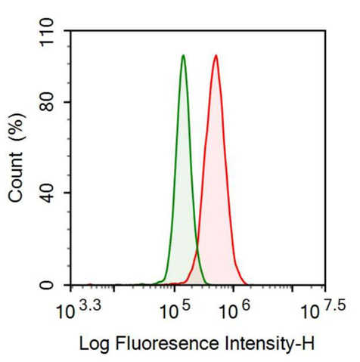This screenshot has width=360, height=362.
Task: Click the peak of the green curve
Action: (x=183, y=55)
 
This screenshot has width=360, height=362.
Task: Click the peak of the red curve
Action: (x=216, y=55)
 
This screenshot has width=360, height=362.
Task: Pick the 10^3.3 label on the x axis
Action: (x=80, y=310)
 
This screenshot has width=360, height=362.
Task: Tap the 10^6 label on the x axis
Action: (x=237, y=310)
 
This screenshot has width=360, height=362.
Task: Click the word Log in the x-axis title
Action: (x=94, y=344)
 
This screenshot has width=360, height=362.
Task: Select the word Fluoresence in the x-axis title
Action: (x=159, y=344)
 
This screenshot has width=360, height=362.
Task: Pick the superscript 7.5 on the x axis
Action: (x=335, y=305)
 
